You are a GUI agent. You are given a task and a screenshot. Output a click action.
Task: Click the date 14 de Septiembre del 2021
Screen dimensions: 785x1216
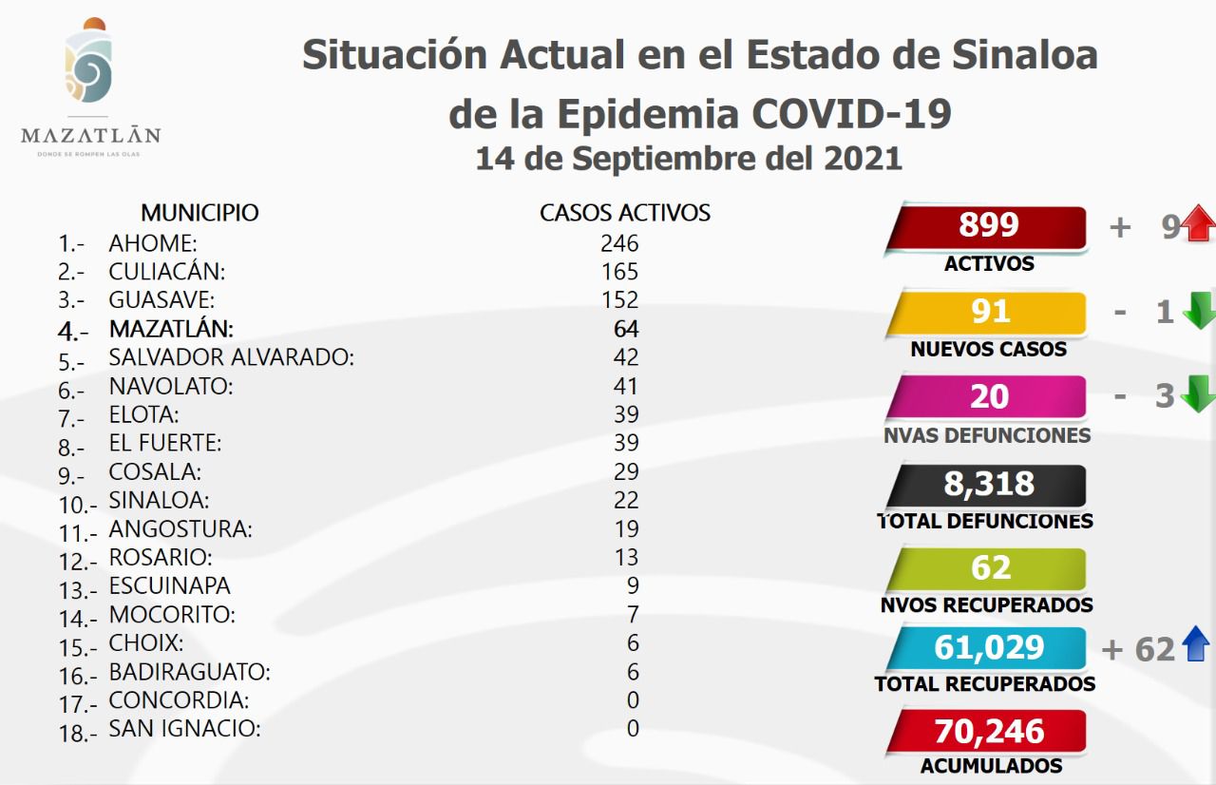(689, 157)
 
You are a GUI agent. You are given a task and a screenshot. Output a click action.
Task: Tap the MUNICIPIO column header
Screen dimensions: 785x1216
(199, 212)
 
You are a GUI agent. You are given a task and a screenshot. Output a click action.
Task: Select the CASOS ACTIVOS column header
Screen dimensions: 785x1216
(625, 212)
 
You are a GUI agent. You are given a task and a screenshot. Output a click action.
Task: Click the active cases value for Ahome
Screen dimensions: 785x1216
(619, 243)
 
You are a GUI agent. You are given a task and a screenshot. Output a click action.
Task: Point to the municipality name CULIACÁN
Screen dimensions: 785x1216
(167, 272)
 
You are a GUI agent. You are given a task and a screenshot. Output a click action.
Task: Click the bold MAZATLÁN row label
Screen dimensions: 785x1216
(171, 329)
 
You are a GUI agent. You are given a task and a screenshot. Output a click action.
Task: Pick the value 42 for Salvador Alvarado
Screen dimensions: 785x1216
(626, 357)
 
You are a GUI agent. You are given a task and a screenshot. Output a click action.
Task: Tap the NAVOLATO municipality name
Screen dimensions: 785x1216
(170, 386)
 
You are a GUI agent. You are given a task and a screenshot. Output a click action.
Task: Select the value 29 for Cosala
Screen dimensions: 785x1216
(626, 471)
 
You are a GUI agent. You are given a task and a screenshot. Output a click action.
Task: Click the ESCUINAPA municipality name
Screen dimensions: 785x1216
(169, 585)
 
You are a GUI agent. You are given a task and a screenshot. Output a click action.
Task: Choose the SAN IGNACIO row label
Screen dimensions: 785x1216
(184, 729)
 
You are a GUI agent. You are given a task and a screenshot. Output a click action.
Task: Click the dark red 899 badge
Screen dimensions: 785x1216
(988, 226)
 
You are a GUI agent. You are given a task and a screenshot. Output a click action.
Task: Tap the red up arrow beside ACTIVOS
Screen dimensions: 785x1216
(1199, 226)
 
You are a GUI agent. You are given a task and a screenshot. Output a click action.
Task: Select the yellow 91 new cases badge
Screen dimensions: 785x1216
(988, 312)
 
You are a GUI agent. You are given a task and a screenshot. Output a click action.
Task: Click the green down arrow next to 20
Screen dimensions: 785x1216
(1199, 394)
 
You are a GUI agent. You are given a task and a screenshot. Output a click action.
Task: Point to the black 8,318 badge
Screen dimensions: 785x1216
(988, 484)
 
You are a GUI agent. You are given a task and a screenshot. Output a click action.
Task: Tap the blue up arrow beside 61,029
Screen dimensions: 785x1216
(1196, 646)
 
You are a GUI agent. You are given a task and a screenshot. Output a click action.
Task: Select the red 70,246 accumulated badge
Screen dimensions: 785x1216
(988, 732)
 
